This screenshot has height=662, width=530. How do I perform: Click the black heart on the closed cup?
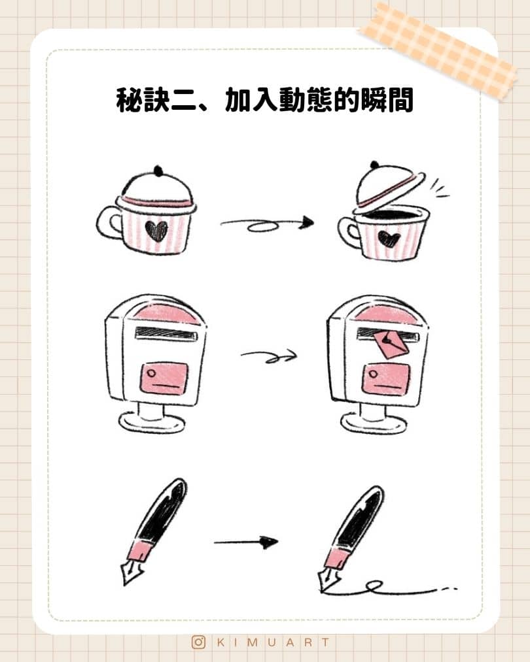(x=156, y=231)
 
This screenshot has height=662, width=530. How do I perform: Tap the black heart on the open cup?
(x=389, y=239)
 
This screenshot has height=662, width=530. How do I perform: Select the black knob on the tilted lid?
(x=374, y=165)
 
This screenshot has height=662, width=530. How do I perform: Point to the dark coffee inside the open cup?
(x=391, y=214)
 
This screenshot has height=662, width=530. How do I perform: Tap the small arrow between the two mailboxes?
(x=269, y=356)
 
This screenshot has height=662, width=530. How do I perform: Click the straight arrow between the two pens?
(x=246, y=542)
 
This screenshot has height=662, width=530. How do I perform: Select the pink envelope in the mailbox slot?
(x=391, y=343)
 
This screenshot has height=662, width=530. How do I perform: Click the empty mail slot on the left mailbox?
(x=166, y=333)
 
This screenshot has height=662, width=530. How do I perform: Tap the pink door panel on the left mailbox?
(x=164, y=378)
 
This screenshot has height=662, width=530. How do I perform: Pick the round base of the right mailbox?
(x=374, y=423)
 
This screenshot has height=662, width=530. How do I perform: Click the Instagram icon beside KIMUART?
(x=198, y=642)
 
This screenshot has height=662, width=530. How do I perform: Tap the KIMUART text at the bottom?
(x=273, y=642)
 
